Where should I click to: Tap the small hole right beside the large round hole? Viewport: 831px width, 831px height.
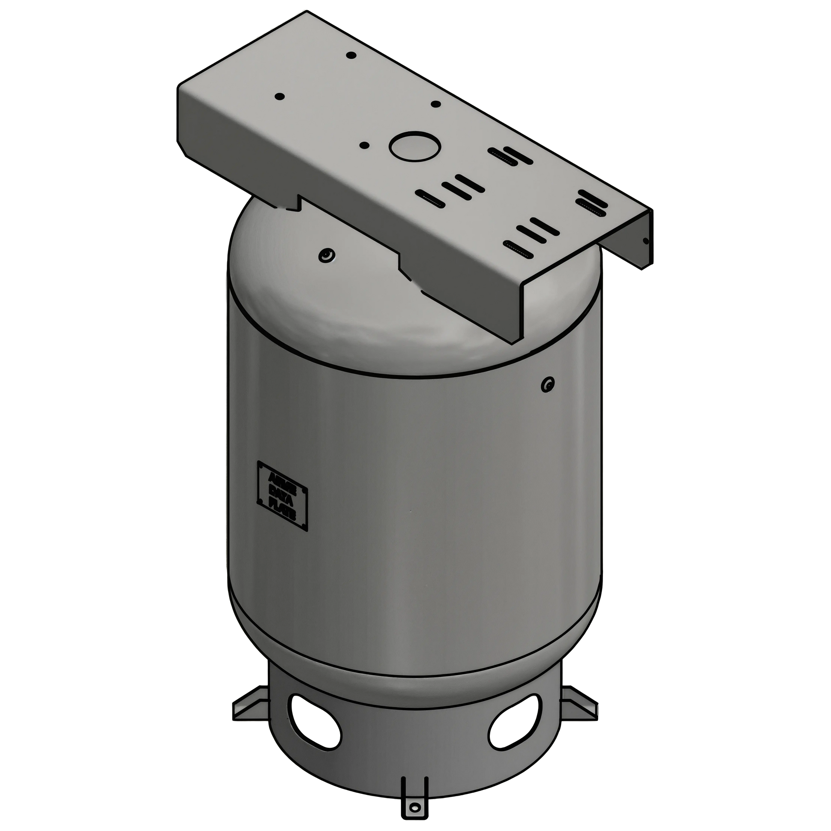coord(364,145)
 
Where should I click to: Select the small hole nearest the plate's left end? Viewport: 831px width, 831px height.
coord(279,97)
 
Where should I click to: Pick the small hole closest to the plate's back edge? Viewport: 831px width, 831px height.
coord(351,55)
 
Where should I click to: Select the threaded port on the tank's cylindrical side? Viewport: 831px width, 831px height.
coord(548,382)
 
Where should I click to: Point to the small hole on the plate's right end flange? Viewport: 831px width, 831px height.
coord(645,241)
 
